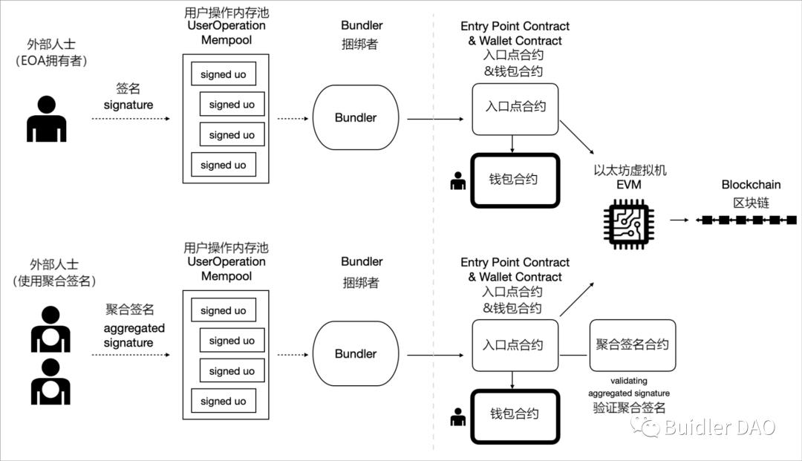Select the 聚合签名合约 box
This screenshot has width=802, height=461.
coord(633,345)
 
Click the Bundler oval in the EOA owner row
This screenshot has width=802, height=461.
coord(356,117)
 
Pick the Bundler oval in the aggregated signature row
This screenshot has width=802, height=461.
coord(356,354)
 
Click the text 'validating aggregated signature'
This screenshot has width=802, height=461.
coord(628,387)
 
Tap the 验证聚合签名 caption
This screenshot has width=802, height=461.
coord(628,408)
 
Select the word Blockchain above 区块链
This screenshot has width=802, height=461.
coord(751,185)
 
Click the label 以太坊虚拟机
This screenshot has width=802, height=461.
coord(630,171)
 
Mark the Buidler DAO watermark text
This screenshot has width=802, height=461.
coord(719,428)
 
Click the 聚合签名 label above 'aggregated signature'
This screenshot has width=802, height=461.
coord(129,310)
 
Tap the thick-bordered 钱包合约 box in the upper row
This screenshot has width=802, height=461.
coord(513,180)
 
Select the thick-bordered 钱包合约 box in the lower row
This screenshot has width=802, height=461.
coord(513,414)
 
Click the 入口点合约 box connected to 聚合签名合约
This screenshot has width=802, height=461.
coord(513,345)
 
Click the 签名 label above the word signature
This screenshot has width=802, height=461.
coord(128,88)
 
